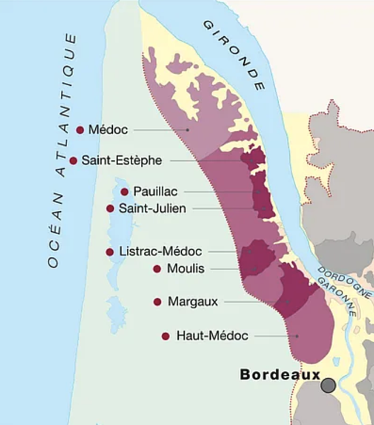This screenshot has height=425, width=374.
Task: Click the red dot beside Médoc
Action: tap(80, 130)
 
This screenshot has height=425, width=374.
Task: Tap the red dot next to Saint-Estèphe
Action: tap(73, 161)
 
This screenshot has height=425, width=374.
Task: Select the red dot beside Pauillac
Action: tap(124, 191)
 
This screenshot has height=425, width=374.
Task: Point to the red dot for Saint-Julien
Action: tap(110, 208)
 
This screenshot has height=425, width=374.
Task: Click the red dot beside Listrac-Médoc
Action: tap(109, 252)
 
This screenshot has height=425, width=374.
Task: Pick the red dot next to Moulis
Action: tap(157, 269)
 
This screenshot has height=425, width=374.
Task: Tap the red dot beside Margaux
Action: tap(157, 302)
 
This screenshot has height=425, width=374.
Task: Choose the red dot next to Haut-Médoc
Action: tap(165, 336)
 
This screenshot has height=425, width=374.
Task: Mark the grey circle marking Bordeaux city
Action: tap(328, 385)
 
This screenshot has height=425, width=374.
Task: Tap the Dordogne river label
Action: tap(345, 282)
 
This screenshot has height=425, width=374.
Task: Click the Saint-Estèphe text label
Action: tap(122, 161)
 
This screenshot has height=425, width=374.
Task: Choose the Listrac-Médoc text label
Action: tap(160, 252)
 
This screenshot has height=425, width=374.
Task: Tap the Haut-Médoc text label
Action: tap(212, 336)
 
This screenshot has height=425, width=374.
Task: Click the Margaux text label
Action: tap(192, 302)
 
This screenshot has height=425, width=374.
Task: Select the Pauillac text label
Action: tap(155, 191)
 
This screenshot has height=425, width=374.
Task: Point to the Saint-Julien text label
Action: tap(152, 208)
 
